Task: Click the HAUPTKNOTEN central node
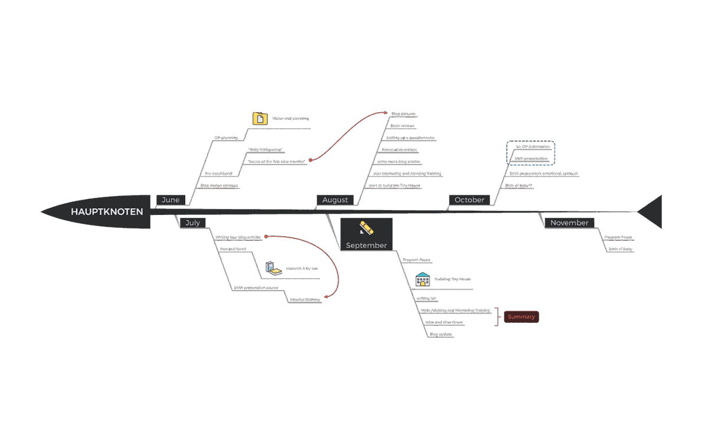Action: pyautogui.click(x=107, y=211)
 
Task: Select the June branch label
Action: pyautogui.click(x=171, y=200)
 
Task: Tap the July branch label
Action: pyautogui.click(x=192, y=223)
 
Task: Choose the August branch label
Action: pyautogui.click(x=335, y=200)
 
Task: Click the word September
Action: pyautogui.click(x=366, y=246)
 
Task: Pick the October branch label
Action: pyautogui.click(x=470, y=200)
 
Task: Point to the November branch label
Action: pyautogui.click(x=569, y=223)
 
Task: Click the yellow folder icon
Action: pyautogui.click(x=260, y=119)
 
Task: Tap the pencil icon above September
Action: pyautogui.click(x=366, y=227)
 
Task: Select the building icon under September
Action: pyautogui.click(x=422, y=279)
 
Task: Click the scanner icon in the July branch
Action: pyautogui.click(x=273, y=269)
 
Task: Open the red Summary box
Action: pyautogui.click(x=522, y=317)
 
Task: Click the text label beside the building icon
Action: pyautogui.click(x=452, y=279)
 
